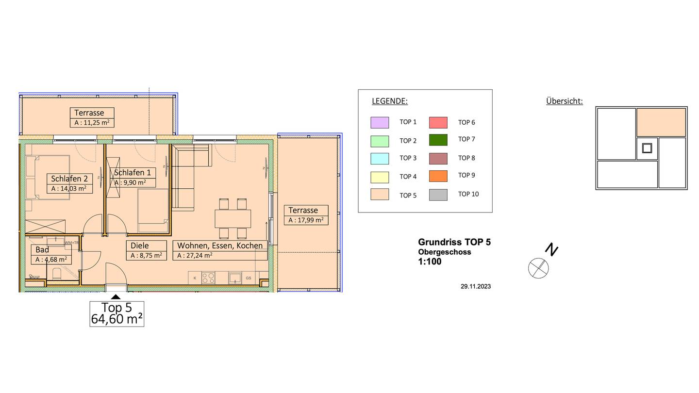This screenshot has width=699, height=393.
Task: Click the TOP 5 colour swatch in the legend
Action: tap(380, 194)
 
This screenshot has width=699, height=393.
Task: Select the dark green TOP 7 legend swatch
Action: tap(438, 140)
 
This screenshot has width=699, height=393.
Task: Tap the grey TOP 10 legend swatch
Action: tap(438, 195)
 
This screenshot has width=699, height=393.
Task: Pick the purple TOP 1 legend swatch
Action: tap(380, 123)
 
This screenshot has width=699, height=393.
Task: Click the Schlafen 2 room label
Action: tap(69, 179)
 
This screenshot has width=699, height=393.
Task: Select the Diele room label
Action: tap(139, 246)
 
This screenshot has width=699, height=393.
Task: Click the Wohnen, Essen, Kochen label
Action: tap(220, 246)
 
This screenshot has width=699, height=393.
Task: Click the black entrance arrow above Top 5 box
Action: tap(116, 296)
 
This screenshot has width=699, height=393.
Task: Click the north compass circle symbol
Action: tap(538, 268)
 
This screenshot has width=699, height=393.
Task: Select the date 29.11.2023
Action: tap(476, 286)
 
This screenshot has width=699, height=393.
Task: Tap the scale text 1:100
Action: tap(430, 262)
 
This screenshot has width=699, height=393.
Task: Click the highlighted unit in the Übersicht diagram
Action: tap(661, 122)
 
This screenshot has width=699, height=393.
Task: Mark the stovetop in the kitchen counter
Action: tap(208, 278)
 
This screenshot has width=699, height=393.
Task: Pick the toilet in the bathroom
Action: tap(57, 275)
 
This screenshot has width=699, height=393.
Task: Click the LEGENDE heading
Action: tap(389, 101)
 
